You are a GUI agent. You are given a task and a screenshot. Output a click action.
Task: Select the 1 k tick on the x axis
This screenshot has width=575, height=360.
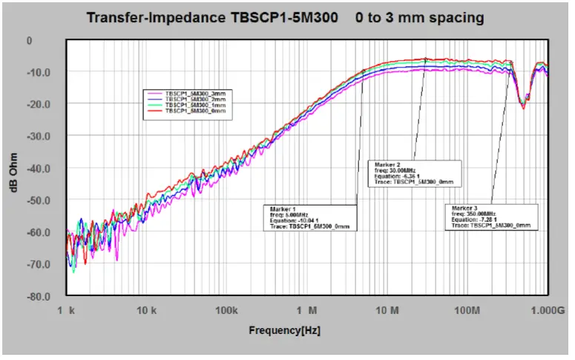68,310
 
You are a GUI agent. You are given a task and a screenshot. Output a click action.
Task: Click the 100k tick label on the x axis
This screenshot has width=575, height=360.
227,310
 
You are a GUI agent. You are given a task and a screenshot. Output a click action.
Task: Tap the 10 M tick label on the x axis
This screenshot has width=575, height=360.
387,310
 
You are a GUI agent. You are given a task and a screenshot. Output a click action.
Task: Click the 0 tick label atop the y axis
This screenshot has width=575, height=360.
30,40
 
